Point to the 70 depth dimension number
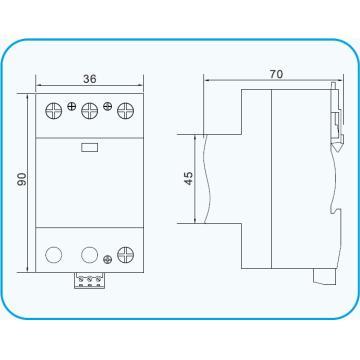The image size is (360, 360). (x=275, y=72)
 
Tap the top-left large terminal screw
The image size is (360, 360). (x=52, y=108)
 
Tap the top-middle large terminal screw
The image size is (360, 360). (x=89, y=108)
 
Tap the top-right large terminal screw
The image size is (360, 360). (x=125, y=108)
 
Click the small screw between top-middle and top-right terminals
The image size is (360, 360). (x=108, y=105)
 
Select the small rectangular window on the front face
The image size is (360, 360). (x=88, y=146)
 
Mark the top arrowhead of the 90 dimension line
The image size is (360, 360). (x=30, y=93)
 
